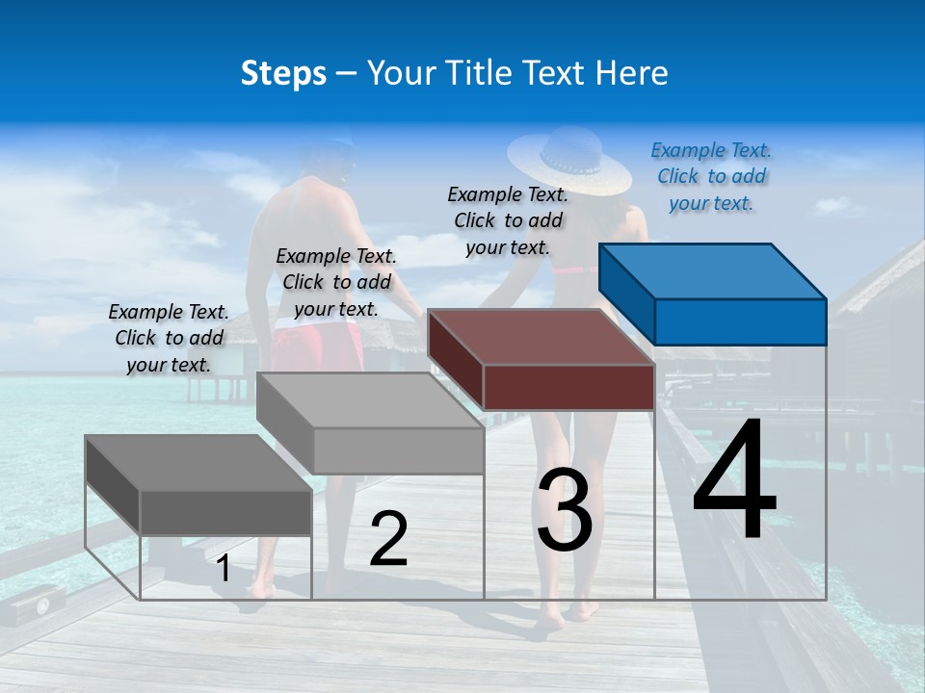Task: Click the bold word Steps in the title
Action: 283,73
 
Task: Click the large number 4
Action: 734,481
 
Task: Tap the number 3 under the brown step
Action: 565,510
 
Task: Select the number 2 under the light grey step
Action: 388,539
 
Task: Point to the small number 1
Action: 224,569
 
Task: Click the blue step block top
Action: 713,270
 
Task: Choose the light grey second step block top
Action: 371,399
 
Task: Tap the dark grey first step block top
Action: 198,463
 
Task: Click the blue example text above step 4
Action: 711,176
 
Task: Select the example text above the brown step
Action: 508,220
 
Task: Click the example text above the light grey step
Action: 336,282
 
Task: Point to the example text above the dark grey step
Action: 169,338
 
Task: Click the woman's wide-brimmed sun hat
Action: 568,159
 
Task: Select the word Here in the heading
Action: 631,73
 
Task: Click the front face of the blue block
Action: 740,321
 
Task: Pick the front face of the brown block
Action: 568,387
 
